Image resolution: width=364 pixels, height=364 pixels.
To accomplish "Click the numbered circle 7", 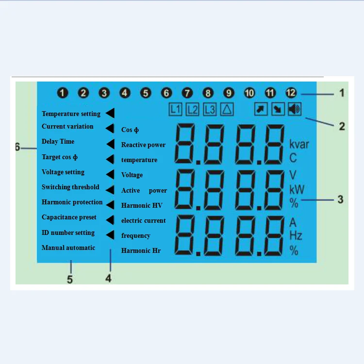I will (x=187, y=92).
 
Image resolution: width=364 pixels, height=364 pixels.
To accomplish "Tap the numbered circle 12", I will (x=291, y=92).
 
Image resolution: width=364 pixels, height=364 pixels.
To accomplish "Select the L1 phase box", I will (x=175, y=109).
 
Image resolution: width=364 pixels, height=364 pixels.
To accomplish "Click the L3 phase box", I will (x=210, y=109).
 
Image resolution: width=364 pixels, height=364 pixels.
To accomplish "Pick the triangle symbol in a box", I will (x=227, y=109).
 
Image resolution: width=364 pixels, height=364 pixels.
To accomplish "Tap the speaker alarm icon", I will (x=294, y=109).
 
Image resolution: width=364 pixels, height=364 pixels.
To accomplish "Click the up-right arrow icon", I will (x=261, y=109).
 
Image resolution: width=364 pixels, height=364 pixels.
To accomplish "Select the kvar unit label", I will (x=299, y=145).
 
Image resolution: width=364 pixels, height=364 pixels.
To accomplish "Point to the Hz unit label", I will (x=296, y=236).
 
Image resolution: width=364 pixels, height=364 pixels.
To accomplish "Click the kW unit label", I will (x=297, y=189).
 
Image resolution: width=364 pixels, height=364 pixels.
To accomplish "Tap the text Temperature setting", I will (x=71, y=114).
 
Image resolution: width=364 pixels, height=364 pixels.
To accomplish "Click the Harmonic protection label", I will (x=72, y=202).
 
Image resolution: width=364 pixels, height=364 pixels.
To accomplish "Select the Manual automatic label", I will (x=68, y=248).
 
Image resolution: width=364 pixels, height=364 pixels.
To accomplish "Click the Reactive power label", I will (x=143, y=145).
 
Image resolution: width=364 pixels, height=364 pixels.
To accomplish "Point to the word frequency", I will (x=135, y=236).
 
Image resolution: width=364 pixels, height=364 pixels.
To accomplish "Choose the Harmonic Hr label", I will (x=141, y=251).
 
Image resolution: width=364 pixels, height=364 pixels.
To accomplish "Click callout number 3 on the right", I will (x=341, y=199).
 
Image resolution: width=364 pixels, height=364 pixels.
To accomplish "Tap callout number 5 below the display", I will (x=70, y=280).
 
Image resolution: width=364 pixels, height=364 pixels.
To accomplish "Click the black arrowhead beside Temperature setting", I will (x=110, y=114).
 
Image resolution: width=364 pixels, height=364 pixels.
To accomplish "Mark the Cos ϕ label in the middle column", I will (x=130, y=130).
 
